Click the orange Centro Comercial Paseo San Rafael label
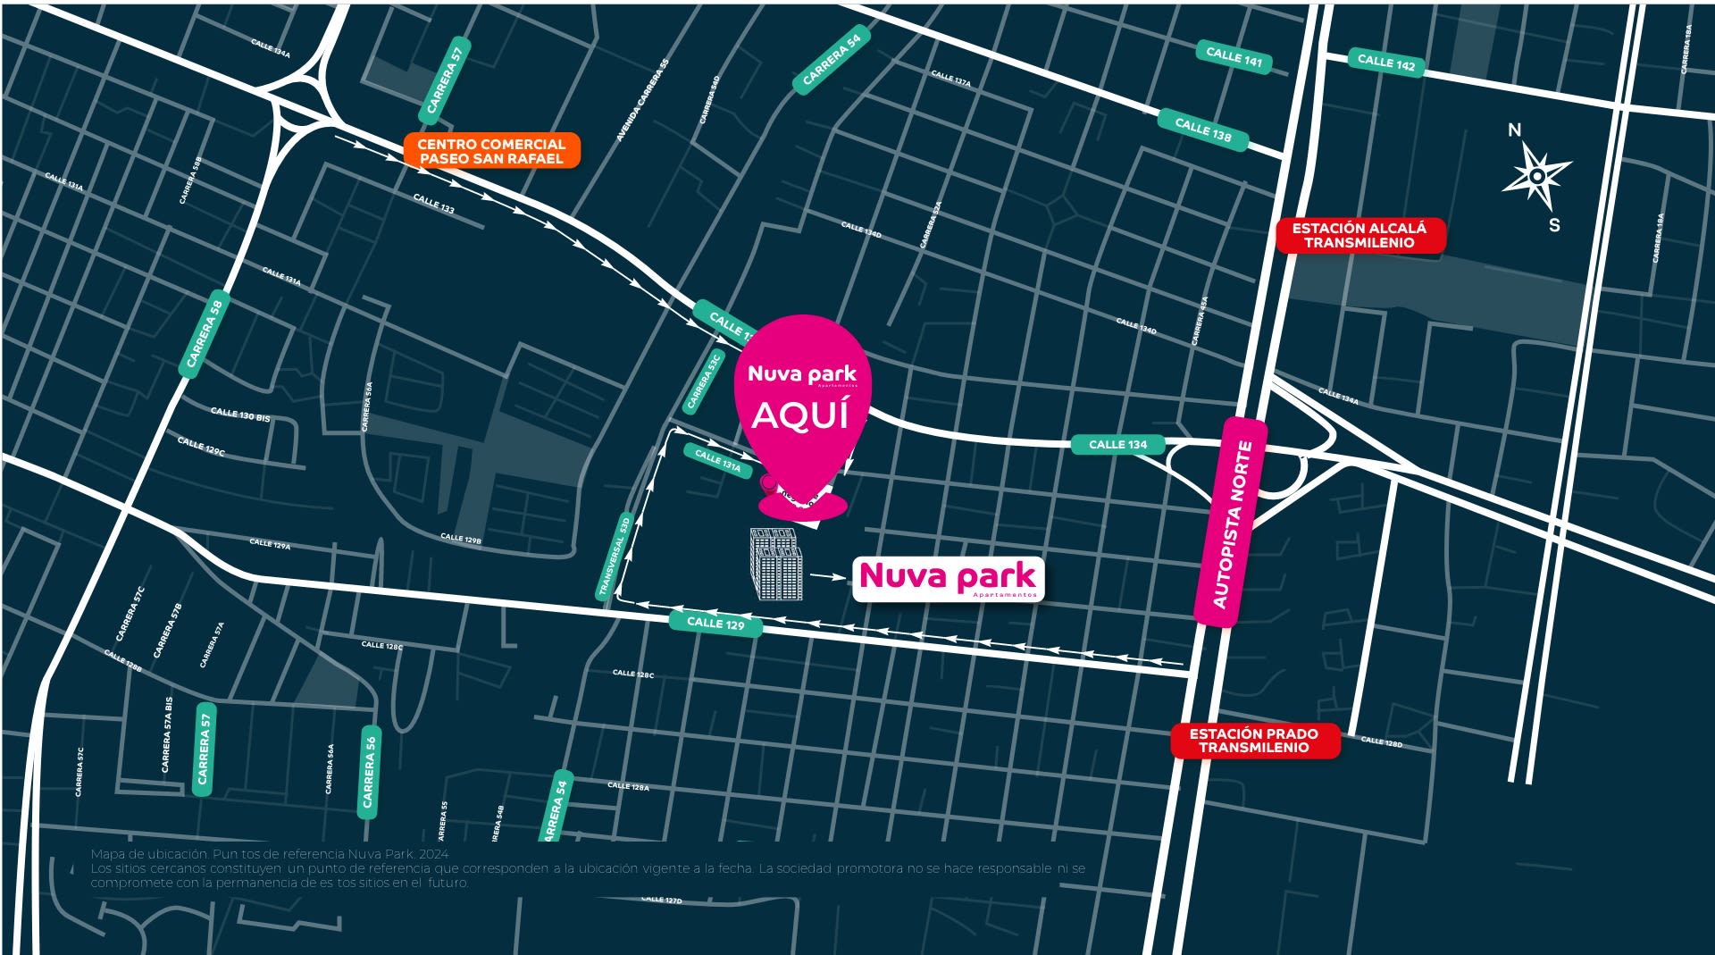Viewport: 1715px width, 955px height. click(491, 151)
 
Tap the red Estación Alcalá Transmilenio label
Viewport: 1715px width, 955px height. click(1359, 235)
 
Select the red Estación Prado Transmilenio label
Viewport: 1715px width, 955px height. click(1254, 741)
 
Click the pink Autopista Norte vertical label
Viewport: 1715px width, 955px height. click(1230, 524)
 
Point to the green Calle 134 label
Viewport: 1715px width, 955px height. click(1117, 444)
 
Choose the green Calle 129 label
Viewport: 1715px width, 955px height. click(715, 623)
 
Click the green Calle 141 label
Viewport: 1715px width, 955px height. click(1234, 57)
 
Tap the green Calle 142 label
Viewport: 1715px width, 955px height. click(1385, 63)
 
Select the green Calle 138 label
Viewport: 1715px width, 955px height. click(1202, 130)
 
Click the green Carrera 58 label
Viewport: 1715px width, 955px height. click(205, 333)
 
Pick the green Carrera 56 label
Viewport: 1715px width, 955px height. click(369, 771)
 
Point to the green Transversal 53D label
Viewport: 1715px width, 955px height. click(614, 557)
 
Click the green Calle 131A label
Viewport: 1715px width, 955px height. click(718, 461)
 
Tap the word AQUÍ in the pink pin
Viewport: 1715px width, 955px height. click(799, 415)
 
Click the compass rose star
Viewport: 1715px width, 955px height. click(1536, 175)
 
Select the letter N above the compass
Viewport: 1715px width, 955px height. click(1514, 130)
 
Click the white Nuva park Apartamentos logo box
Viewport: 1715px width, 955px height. click(948, 579)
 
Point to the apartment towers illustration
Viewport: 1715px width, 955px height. click(775, 564)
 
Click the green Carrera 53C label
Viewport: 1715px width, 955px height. click(703, 381)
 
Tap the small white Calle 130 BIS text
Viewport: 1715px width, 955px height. click(239, 415)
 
